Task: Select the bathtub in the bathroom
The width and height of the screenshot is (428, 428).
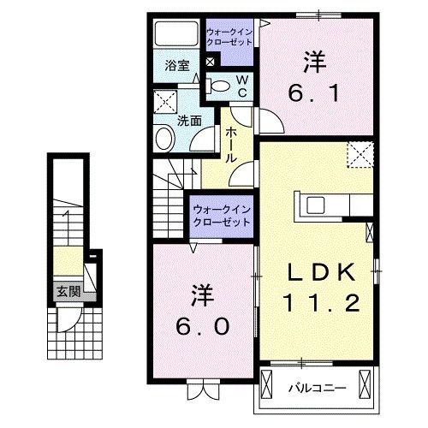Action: pyautogui.click(x=176, y=35)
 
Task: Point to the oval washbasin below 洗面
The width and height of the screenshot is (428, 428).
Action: pyautogui.click(x=163, y=139)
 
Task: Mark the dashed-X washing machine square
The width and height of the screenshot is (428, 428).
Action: pyautogui.click(x=166, y=104)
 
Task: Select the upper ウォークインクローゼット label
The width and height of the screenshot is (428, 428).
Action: pyautogui.click(x=229, y=37)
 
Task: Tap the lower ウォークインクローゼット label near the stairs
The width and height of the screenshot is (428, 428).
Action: pyautogui.click(x=220, y=214)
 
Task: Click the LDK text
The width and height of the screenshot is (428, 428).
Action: pyautogui.click(x=319, y=273)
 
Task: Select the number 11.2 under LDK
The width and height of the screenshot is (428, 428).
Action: pyautogui.click(x=319, y=302)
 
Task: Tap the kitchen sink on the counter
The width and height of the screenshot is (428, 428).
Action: pyautogui.click(x=315, y=205)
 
